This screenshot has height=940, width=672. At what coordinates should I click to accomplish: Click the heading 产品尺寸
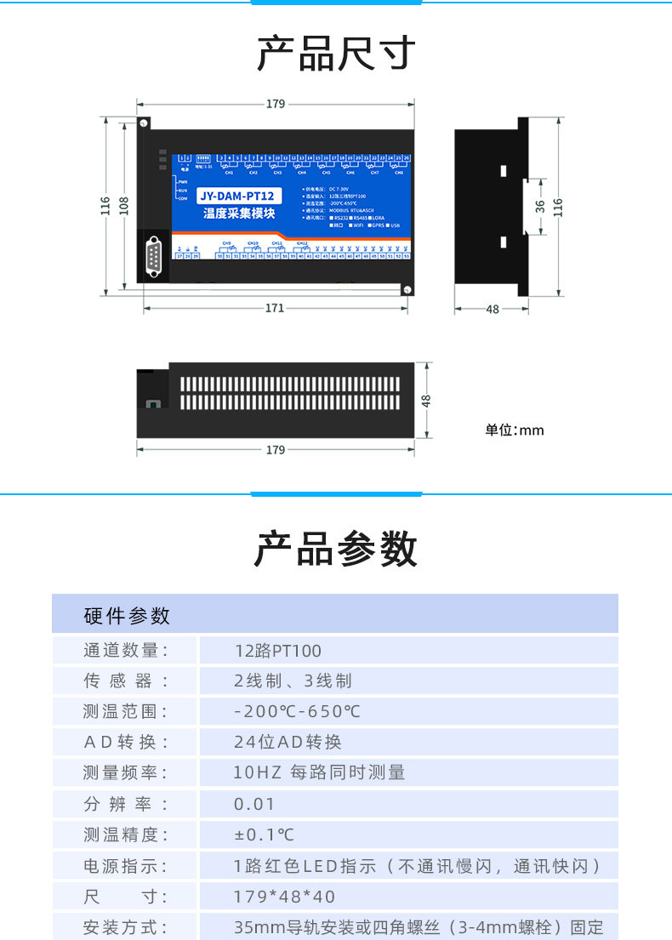pyautogui.click(x=336, y=53)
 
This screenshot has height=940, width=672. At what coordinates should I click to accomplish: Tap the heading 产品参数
pyautogui.click(x=336, y=549)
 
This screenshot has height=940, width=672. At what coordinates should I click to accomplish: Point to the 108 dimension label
pyautogui.click(x=124, y=205)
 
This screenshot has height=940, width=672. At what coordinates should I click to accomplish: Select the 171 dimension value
pyautogui.click(x=274, y=308)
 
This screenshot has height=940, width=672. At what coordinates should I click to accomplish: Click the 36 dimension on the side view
pyautogui.click(x=540, y=205)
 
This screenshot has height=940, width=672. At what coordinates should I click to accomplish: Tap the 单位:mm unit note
pyautogui.click(x=514, y=430)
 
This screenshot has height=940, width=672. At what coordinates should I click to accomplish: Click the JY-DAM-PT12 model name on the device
pyautogui.click(x=236, y=197)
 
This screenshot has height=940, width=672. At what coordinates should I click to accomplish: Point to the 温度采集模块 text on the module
pyautogui.click(x=239, y=214)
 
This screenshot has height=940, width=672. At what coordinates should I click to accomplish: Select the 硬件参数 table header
pyautogui.click(x=127, y=615)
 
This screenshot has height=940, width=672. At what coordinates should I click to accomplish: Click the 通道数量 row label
pyautogui.click(x=126, y=651)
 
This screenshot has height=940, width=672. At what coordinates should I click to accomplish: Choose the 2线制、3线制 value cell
pyautogui.click(x=293, y=681)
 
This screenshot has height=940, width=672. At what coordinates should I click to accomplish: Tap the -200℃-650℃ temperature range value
pyautogui.click(x=298, y=711)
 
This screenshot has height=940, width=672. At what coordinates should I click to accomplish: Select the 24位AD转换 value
pyautogui.click(x=288, y=742)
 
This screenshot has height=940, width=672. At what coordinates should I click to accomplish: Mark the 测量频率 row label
pyautogui.click(x=126, y=772)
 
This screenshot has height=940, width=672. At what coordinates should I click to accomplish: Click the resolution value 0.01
pyautogui.click(x=254, y=804)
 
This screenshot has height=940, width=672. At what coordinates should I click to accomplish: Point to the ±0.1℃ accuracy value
pyautogui.click(x=264, y=835)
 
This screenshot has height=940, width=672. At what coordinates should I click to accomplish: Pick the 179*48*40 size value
pyautogui.click(x=285, y=897)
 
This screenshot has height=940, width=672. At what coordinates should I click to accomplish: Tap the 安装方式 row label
pyautogui.click(x=126, y=927)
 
